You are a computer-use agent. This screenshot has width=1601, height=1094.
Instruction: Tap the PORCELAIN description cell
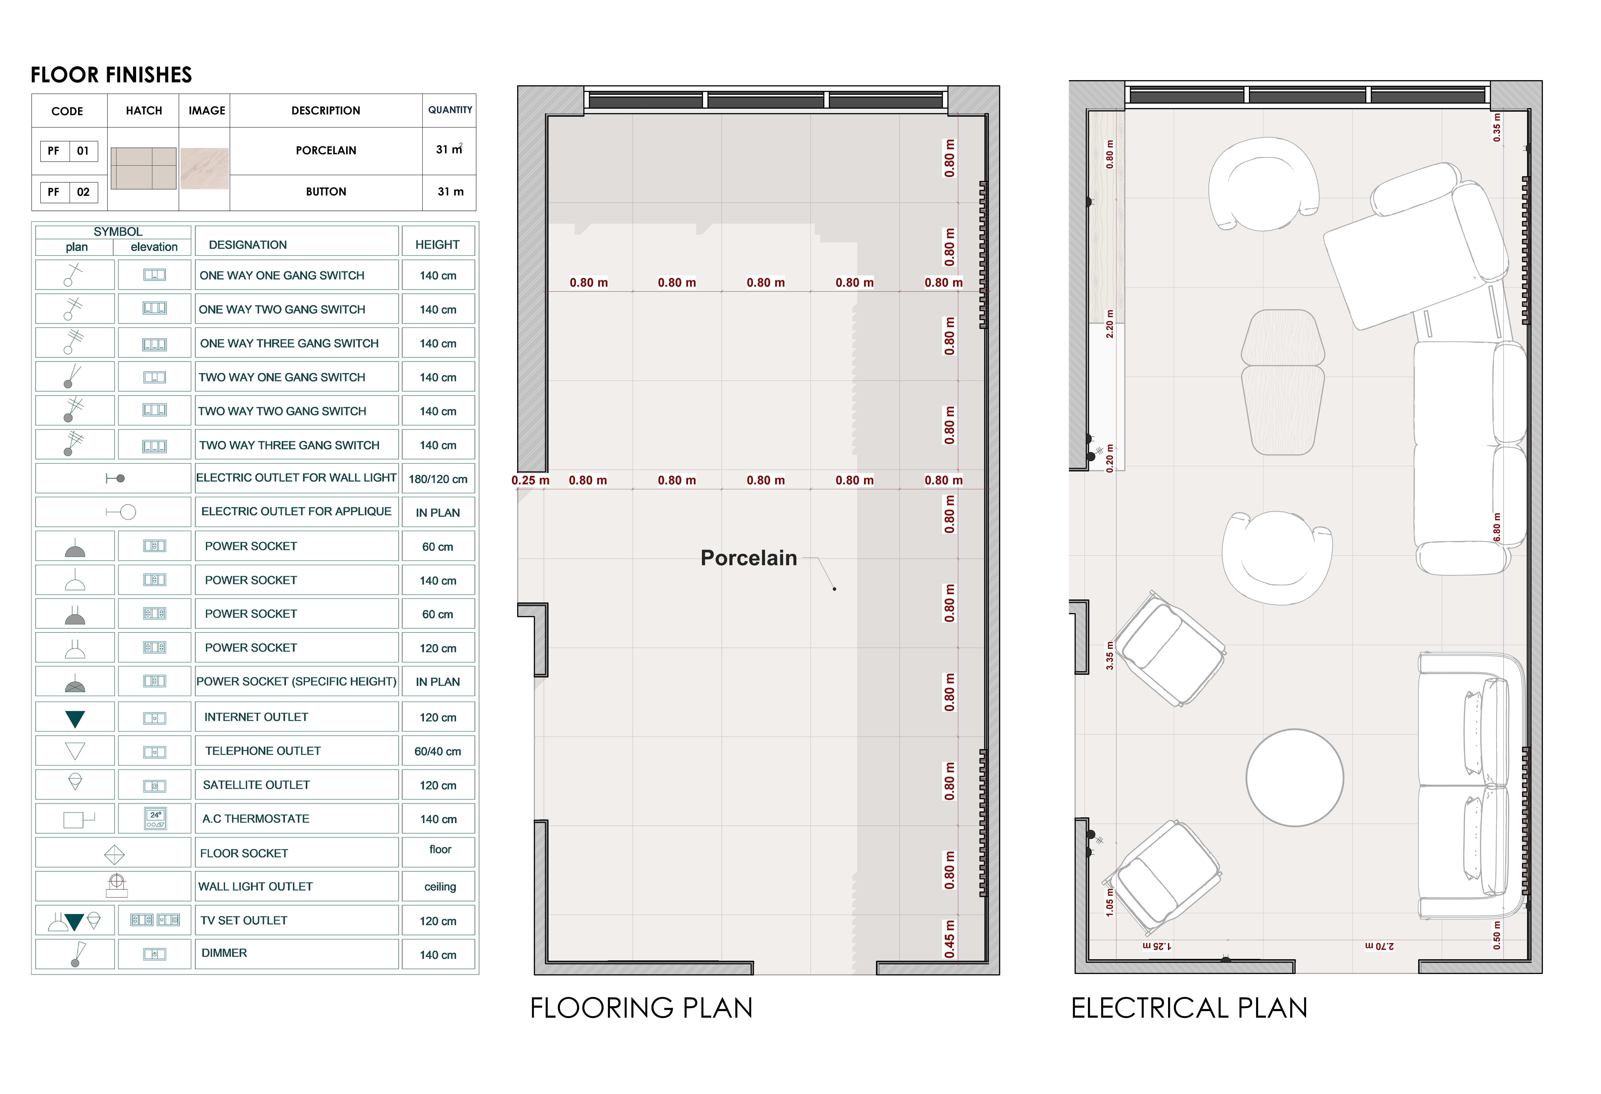coord(326,150)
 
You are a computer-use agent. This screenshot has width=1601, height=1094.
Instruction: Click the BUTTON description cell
coord(326,192)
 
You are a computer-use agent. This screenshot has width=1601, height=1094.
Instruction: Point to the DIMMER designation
coord(224,953)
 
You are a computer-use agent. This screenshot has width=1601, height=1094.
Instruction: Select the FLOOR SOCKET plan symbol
coord(114,855)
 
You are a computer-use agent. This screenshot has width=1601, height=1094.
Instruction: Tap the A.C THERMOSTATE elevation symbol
coord(156,818)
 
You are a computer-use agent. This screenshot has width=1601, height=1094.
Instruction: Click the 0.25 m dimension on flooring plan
coord(530,481)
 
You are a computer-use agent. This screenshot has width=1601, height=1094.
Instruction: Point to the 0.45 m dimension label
coord(950,939)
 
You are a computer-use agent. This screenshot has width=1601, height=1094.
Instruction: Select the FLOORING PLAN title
coord(641,1008)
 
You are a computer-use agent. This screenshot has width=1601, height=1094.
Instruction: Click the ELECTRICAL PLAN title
coord(1189,1008)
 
